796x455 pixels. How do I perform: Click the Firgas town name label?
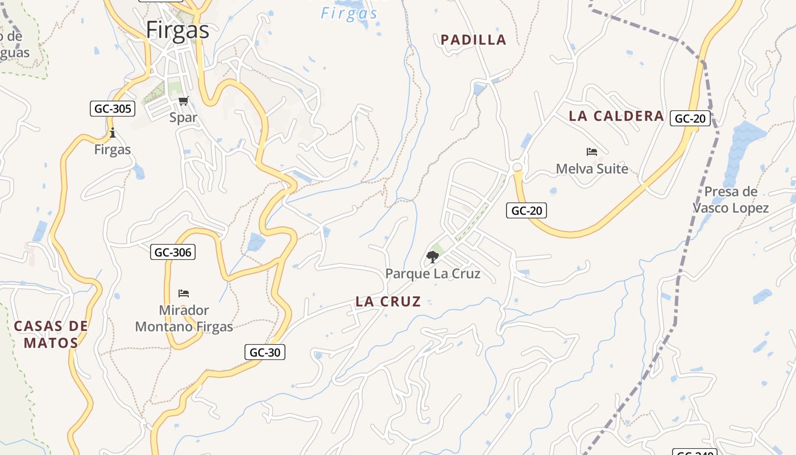point(177,30)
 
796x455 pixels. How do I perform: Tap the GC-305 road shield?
point(113,109)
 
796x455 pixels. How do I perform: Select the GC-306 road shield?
point(173,252)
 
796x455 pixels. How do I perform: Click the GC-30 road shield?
point(265,352)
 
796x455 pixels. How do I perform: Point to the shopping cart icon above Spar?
point(183,101)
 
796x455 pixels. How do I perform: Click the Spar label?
point(183,118)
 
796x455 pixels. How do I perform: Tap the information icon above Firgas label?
point(113,134)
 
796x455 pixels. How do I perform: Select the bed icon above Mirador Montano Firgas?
point(184,293)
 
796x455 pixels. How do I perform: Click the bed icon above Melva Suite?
point(592,152)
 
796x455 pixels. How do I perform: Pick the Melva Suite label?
point(592,169)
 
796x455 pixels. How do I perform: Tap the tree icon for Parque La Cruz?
point(433,257)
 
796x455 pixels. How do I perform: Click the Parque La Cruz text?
point(433,274)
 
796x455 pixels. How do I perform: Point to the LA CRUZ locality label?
point(388,302)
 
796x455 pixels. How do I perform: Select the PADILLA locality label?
point(473,40)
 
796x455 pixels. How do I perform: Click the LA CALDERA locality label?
point(616,117)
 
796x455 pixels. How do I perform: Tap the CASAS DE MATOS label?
point(51,334)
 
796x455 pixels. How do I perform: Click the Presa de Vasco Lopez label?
point(731,200)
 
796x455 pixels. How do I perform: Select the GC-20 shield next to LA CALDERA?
point(691,118)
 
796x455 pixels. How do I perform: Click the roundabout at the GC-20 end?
point(517,167)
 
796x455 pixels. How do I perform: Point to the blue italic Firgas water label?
point(349,14)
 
